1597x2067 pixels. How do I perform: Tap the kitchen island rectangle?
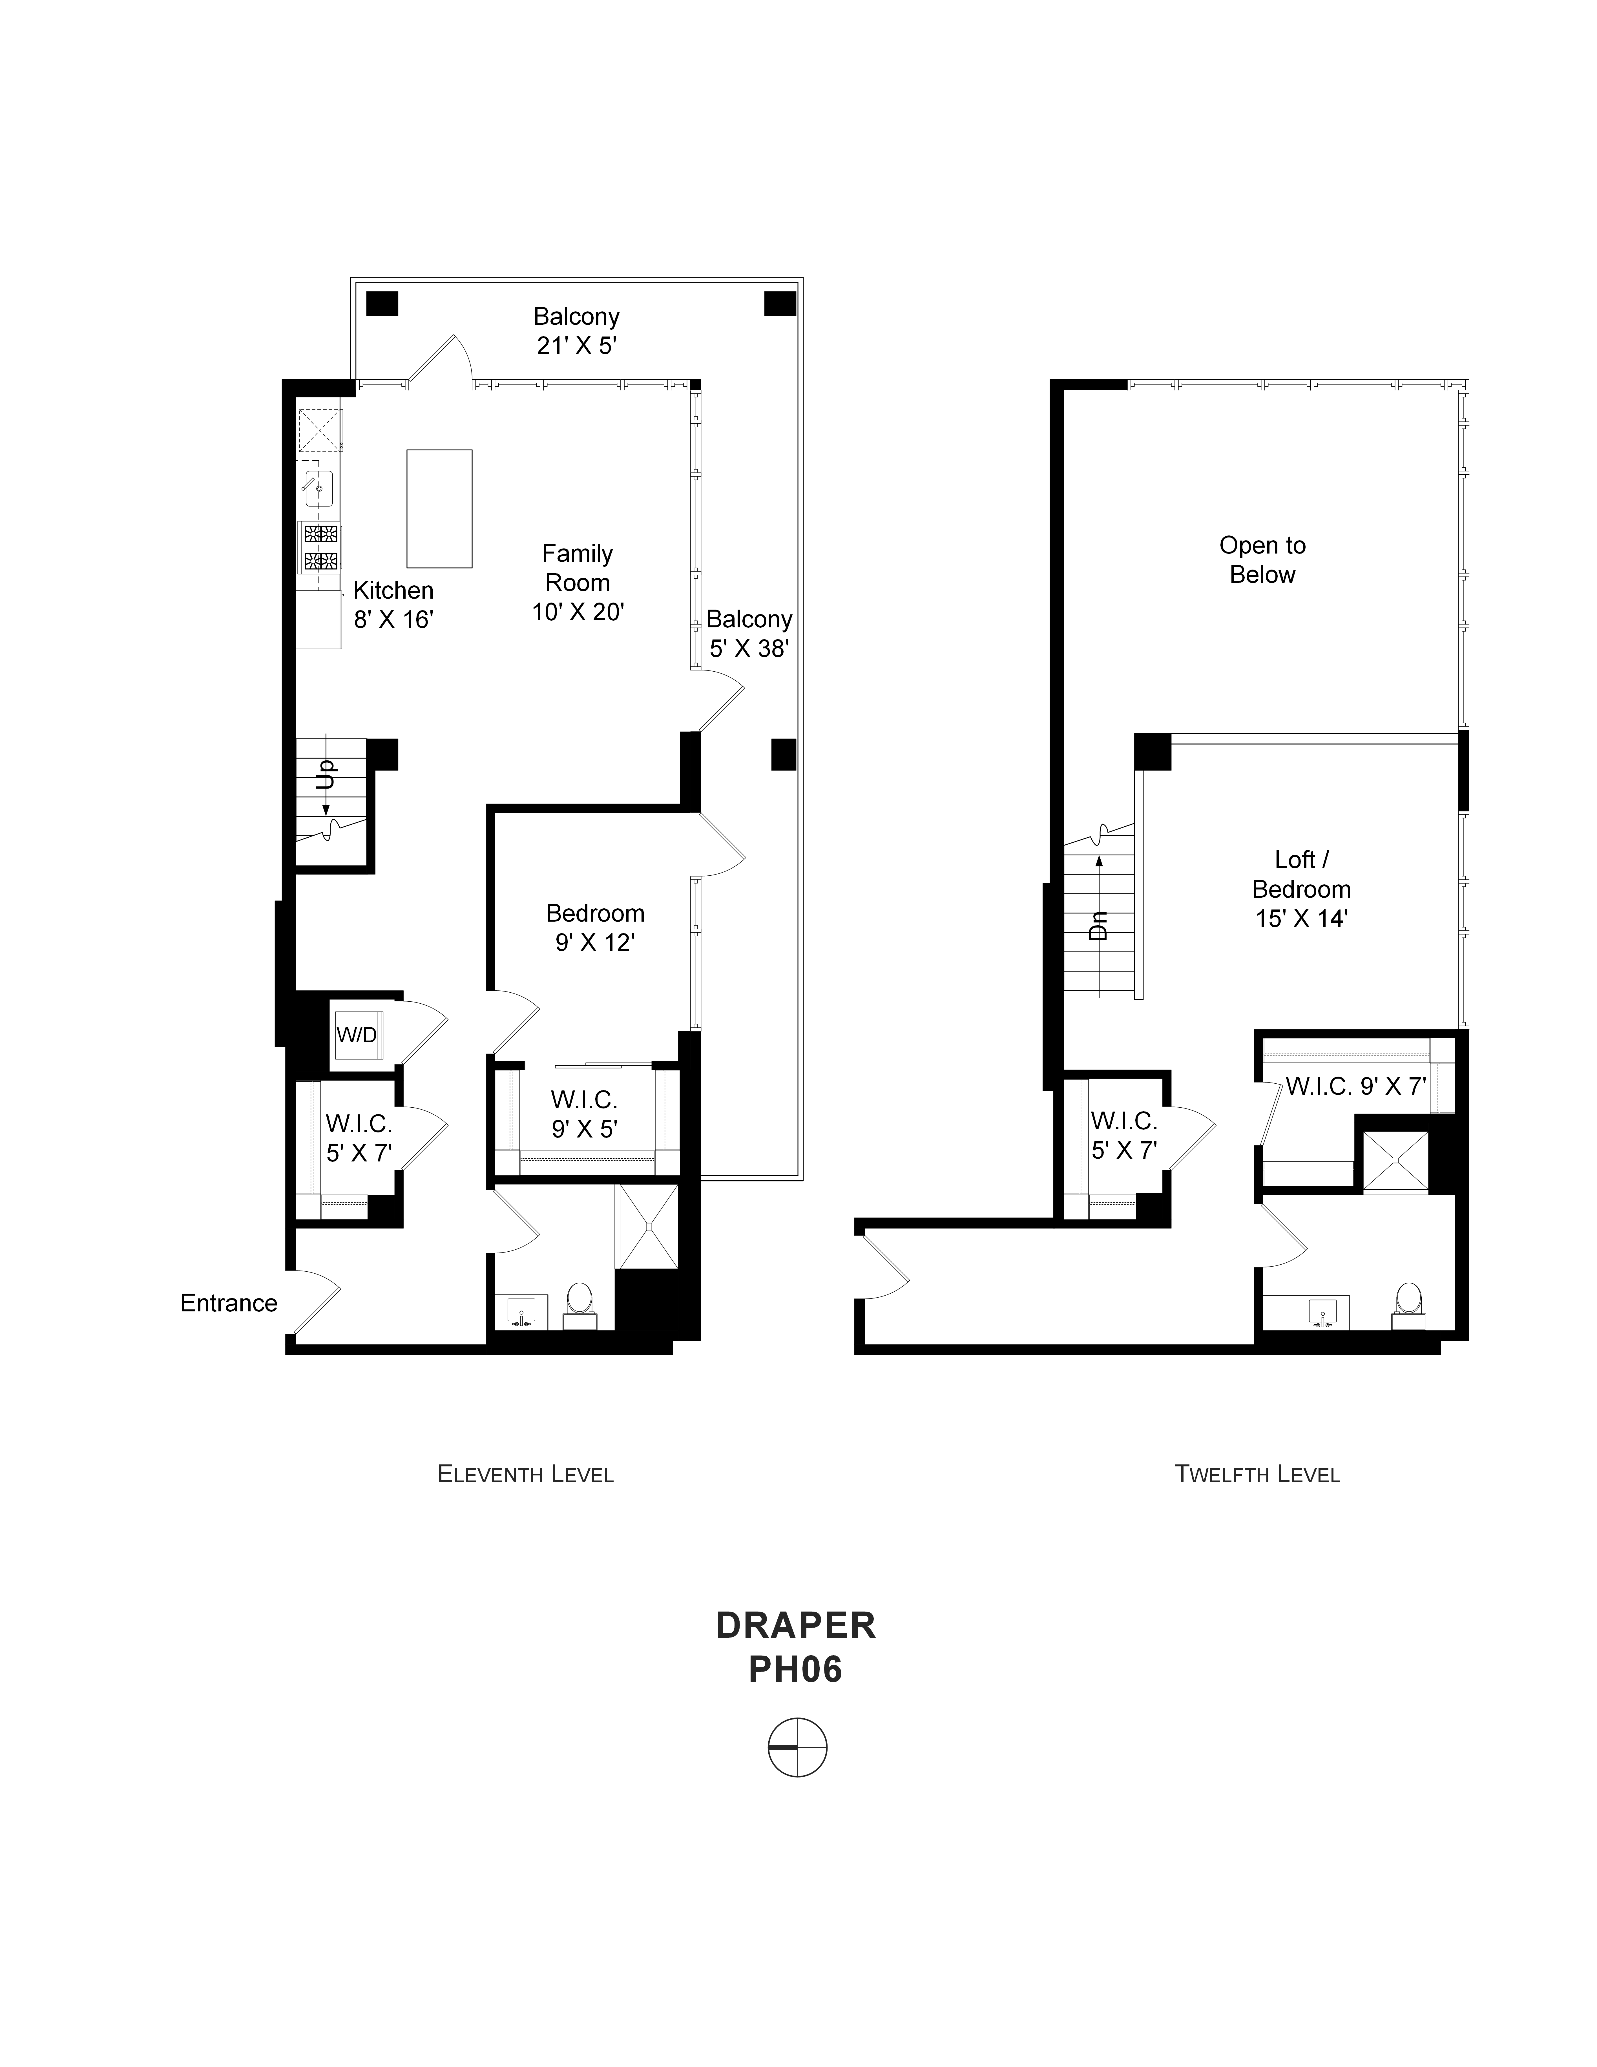pos(439,508)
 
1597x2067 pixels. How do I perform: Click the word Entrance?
pos(229,1303)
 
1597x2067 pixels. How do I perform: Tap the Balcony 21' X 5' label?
pos(576,330)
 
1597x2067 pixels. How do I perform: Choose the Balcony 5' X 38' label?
pos(749,633)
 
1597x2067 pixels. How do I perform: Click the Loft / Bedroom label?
pos(1302,875)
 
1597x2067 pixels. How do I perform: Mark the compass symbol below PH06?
pos(797,1747)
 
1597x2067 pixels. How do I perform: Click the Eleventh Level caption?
pos(525,1473)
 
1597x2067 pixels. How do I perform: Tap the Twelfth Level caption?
pos(1257,1473)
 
